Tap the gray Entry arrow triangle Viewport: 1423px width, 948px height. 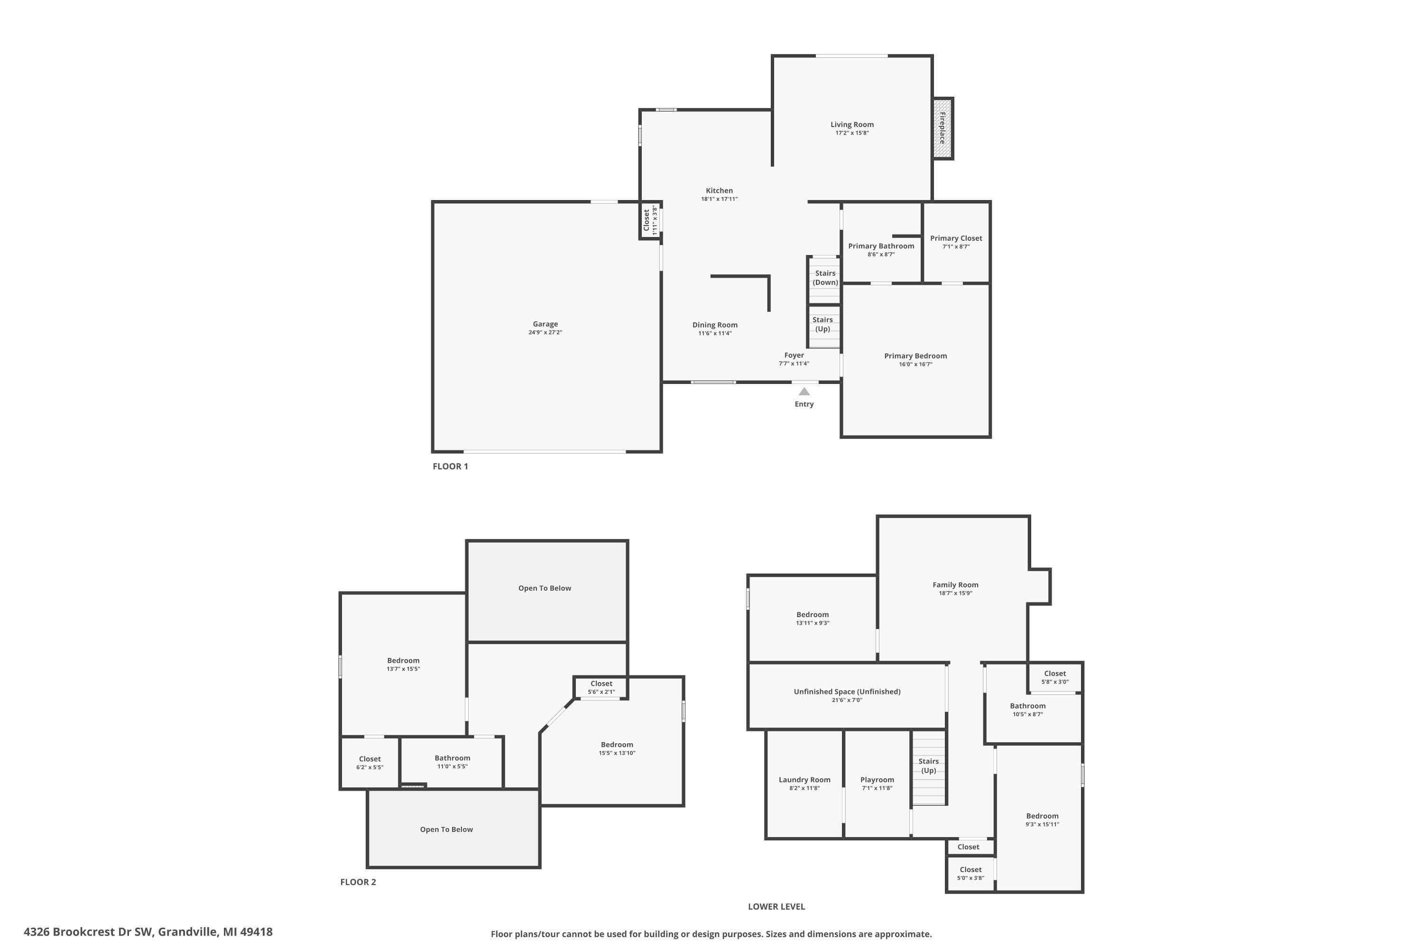point(804,392)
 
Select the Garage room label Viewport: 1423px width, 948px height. point(545,324)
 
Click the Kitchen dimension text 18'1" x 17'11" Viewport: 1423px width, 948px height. point(720,199)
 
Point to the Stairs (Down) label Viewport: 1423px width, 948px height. point(825,277)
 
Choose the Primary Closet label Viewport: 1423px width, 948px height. point(956,238)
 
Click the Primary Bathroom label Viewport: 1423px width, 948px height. point(881,246)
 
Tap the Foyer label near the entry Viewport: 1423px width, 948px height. point(794,355)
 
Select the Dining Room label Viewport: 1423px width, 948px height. point(714,325)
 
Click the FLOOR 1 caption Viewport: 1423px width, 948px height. point(450,466)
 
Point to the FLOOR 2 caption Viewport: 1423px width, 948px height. point(358,882)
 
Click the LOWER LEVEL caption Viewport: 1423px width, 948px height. point(776,906)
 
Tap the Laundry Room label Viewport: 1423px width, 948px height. point(804,780)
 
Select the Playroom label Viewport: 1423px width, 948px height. point(877,780)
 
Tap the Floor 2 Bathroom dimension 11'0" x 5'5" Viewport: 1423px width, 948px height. point(452,766)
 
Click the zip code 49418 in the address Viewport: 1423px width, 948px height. point(257,932)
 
